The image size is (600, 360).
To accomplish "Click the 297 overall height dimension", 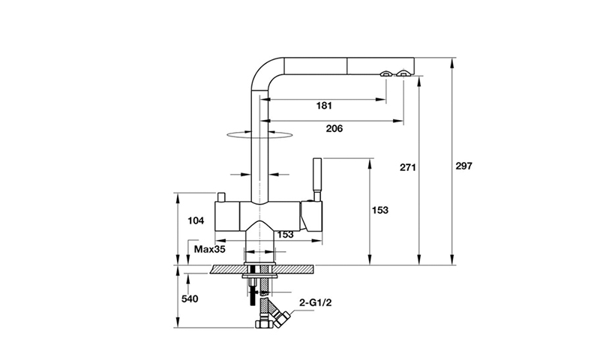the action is (463, 166).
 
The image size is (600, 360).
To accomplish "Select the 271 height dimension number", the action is (407, 167).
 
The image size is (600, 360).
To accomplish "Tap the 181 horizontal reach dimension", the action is (324, 105).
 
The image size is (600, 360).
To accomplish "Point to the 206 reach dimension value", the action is (334, 128).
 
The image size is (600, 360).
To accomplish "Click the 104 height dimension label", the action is (196, 220).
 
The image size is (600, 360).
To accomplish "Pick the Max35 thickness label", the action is (210, 250).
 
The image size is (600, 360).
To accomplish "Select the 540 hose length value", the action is (190, 298).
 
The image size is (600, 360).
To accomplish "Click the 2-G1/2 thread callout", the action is (315, 303).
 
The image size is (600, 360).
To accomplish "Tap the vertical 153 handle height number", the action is (380, 210).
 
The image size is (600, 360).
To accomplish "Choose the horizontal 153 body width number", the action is (285, 235).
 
